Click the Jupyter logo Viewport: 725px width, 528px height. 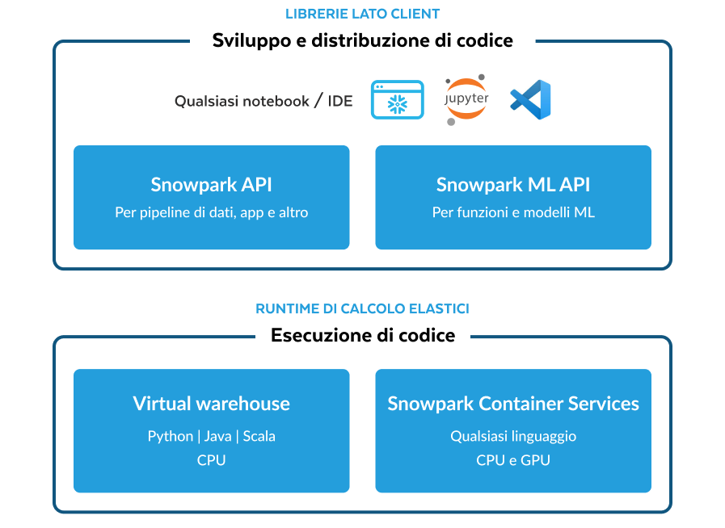click(x=466, y=99)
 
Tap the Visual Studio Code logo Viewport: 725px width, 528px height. click(x=530, y=100)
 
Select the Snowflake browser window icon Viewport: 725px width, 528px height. click(x=397, y=100)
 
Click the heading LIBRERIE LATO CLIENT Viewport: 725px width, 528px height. click(x=362, y=15)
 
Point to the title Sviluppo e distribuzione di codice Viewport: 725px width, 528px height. click(x=362, y=40)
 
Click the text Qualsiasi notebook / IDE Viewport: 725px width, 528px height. click(x=263, y=101)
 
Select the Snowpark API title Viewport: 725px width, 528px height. click(x=211, y=185)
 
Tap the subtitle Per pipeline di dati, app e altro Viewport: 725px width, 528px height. click(x=211, y=213)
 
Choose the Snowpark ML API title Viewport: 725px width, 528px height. click(x=513, y=185)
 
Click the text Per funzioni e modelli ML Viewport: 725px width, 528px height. click(x=513, y=213)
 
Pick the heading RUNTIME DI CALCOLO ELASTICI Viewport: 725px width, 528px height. click(x=362, y=309)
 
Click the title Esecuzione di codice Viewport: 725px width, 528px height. click(x=362, y=335)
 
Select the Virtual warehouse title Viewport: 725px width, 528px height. click(x=211, y=404)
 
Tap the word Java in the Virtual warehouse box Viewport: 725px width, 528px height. click(x=218, y=436)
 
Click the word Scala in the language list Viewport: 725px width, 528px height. click(x=259, y=436)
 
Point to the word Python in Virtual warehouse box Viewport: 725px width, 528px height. click(x=171, y=436)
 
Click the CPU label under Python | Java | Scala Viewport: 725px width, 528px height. click(x=211, y=460)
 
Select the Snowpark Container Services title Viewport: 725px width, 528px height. click(x=513, y=404)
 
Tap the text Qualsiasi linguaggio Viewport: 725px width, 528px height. click(x=513, y=436)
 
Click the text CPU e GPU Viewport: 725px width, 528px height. click(x=513, y=460)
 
